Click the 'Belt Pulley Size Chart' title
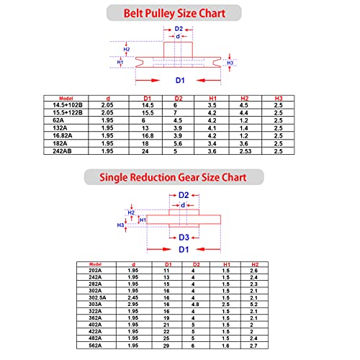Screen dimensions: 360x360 (x=174, y=13)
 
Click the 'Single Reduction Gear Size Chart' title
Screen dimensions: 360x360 (x=173, y=177)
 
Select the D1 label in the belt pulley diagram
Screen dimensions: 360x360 (x=180, y=80)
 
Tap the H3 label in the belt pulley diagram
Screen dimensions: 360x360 (x=230, y=63)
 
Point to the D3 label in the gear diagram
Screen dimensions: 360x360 (x=184, y=238)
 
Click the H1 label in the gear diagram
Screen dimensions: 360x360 (x=143, y=220)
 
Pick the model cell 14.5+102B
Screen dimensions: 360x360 (x=68, y=105)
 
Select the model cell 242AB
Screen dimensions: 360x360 (x=62, y=151)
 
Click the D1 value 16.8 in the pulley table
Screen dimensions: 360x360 (x=148, y=136)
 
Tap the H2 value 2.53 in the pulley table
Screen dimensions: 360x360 (x=246, y=151)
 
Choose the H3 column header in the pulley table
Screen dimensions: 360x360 (x=279, y=98)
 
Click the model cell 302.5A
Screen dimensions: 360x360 (x=97, y=297)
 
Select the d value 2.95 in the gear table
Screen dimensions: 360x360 (x=133, y=305)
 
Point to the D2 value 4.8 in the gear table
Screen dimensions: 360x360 (x=195, y=305)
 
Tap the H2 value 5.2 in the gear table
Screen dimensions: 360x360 (x=253, y=305)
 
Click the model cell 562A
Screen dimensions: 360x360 (x=95, y=346)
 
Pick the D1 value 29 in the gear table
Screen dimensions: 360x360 (x=166, y=346)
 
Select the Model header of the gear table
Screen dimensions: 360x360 (x=95, y=264)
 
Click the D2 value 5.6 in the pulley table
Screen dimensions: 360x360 (x=178, y=143)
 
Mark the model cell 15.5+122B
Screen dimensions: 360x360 (x=68, y=113)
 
